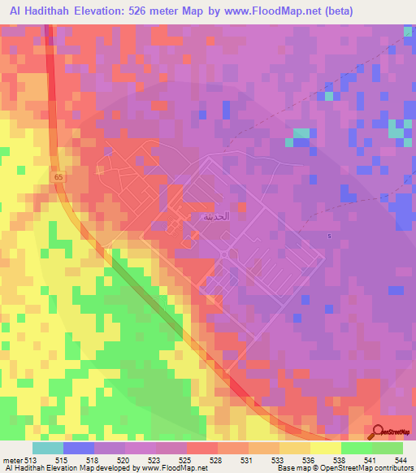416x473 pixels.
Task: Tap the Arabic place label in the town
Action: click(x=201, y=217)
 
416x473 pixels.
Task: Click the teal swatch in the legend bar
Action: click(x=48, y=448)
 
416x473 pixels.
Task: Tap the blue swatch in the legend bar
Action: click(x=79, y=448)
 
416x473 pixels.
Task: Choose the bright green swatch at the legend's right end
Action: click(x=388, y=448)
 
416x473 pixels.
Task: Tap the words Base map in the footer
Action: click(x=290, y=469)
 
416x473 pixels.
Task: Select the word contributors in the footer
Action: click(x=393, y=469)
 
